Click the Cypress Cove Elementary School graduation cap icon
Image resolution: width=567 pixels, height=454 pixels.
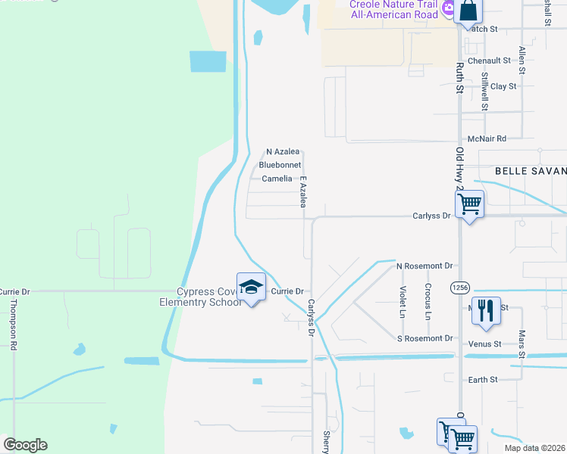tap(251, 287)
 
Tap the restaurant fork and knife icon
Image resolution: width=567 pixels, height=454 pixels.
tap(486, 309)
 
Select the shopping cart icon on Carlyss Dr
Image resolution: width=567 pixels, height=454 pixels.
tap(469, 204)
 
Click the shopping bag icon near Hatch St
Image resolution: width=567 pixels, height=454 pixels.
tap(468, 11)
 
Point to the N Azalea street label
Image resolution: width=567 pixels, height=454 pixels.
tap(283, 151)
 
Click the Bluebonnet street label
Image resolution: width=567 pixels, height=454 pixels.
tap(280, 165)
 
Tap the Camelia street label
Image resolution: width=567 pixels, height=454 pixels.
tap(277, 179)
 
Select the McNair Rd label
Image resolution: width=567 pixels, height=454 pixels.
tap(487, 138)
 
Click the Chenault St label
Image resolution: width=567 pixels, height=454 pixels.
tap(489, 61)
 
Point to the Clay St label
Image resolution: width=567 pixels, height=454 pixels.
tap(503, 86)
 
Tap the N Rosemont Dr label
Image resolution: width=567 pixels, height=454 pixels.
tap(424, 266)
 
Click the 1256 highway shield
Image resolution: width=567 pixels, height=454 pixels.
tap(459, 288)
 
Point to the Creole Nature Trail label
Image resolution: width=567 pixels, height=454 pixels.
tap(393, 4)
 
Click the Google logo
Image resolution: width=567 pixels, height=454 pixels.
tap(25, 445)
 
